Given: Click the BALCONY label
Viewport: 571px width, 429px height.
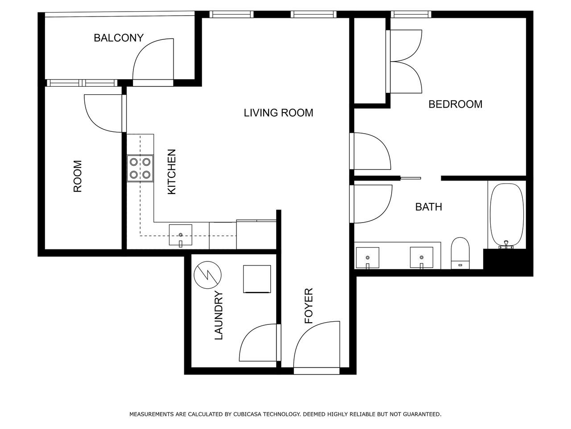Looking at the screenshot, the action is [x=119, y=38].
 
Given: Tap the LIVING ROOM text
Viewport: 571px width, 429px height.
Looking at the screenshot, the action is [x=278, y=113].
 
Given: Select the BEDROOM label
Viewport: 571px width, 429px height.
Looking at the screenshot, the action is [x=455, y=104].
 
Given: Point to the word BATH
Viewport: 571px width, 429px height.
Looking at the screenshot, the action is [x=429, y=207].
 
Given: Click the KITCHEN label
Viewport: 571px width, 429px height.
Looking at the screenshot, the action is [x=172, y=172].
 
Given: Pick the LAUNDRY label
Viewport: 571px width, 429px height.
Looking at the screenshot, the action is [x=219, y=315].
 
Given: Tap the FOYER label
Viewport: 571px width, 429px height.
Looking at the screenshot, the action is [x=309, y=306].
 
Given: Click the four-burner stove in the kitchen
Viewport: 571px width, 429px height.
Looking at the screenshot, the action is [x=140, y=168].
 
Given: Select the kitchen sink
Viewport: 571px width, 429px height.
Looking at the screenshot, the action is [x=181, y=235].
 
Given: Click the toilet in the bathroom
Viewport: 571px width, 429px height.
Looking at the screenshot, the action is [x=460, y=253].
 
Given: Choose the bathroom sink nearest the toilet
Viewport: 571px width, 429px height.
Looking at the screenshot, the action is [x=422, y=257].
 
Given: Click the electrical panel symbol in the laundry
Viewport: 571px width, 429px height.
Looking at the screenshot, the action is [x=207, y=275].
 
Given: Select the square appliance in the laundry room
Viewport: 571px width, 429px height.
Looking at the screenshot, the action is [x=257, y=279].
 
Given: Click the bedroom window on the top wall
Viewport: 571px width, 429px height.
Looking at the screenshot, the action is [x=411, y=14].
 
